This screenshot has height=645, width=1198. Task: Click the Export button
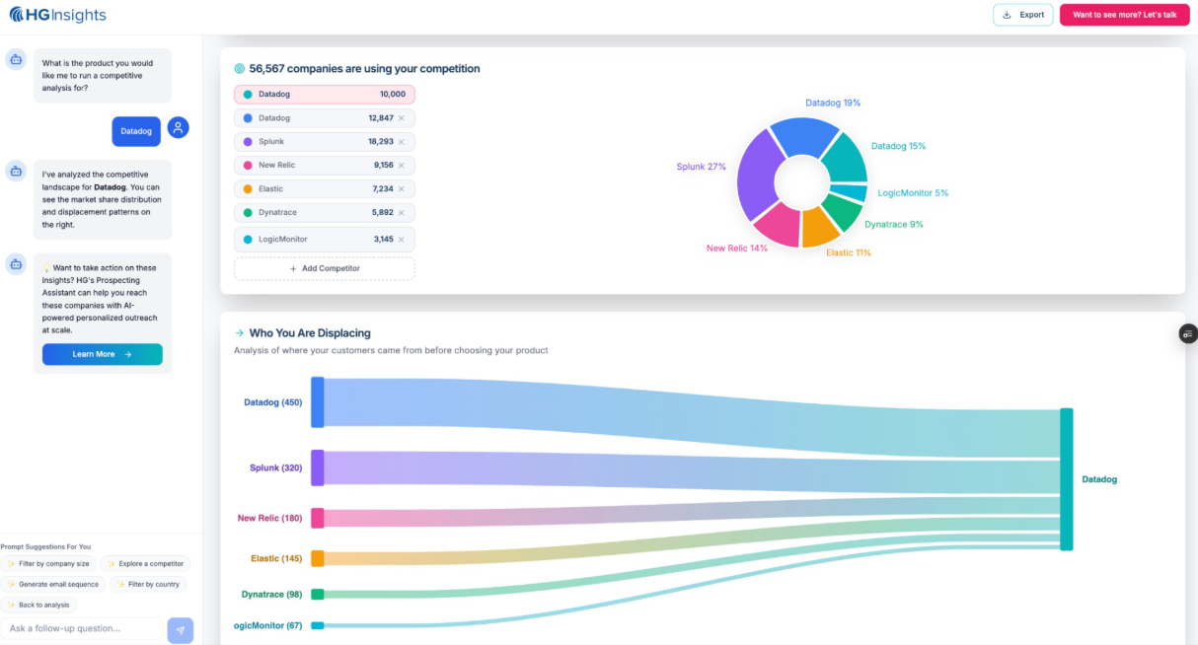point(1022,15)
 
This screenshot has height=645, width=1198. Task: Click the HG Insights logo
point(58,15)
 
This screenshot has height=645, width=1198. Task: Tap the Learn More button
point(103,354)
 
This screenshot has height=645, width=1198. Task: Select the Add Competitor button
point(324,268)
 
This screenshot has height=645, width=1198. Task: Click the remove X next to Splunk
point(401,142)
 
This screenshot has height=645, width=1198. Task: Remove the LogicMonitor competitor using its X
point(401,240)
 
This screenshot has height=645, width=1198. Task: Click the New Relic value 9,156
point(384,165)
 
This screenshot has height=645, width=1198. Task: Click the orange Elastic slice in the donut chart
point(818,227)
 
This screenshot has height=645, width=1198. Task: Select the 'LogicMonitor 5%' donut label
point(913,193)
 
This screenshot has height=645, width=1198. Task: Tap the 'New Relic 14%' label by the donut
point(736,248)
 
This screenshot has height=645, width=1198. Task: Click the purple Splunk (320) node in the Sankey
point(318,467)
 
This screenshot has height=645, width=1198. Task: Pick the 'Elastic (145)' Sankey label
point(276,558)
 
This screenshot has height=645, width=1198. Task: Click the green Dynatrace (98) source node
point(318,595)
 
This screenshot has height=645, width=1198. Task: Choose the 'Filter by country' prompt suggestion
point(148,584)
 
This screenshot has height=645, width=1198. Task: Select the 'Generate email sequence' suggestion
point(53,584)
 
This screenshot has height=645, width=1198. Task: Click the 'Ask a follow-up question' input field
point(81,628)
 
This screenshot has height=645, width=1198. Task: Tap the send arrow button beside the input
point(181,630)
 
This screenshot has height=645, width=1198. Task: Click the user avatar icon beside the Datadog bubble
point(178,127)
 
